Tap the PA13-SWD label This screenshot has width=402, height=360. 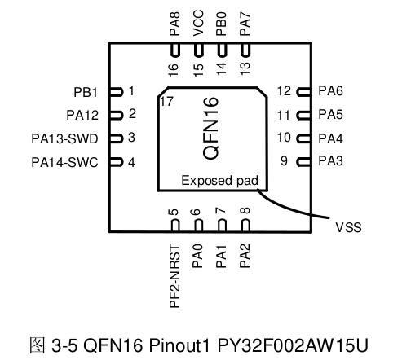pos(68,138)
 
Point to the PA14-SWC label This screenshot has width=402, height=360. pos(64,161)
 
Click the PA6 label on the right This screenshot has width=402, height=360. pos(331,91)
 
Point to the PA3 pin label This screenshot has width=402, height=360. pos(331,161)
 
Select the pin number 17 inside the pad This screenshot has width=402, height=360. pos(167,102)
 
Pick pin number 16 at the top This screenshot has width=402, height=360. pos(174,70)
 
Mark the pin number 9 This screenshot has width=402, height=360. pos(284,161)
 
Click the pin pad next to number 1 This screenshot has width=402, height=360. pos(116,91)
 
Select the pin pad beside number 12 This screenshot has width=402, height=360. pos(303,91)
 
